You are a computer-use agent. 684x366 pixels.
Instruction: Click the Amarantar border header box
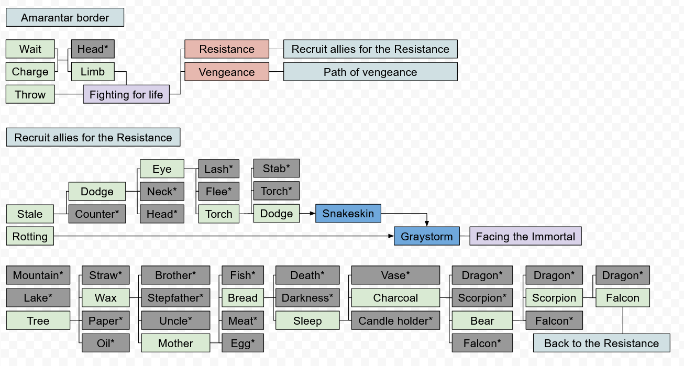point(65,18)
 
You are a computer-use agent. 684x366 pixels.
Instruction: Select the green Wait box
point(30,49)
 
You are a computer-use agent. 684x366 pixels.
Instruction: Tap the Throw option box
point(30,95)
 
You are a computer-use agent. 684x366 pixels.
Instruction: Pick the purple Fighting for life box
point(126,95)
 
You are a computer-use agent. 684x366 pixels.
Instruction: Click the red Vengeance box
point(226,72)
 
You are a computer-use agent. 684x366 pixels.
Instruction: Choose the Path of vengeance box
point(370,72)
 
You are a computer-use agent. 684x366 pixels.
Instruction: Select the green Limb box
point(92,72)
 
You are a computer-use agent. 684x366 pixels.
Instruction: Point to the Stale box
point(30,214)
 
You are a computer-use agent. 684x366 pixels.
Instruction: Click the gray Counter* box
point(97,214)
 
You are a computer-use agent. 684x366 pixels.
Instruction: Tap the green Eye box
point(162,169)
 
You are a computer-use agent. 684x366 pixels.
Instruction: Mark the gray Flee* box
point(218,192)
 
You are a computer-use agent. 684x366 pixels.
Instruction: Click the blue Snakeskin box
point(348,214)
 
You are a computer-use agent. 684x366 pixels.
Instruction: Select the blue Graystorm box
point(427,237)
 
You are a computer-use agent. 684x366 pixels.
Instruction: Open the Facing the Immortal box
point(525,237)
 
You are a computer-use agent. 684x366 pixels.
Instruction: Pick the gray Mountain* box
point(38,275)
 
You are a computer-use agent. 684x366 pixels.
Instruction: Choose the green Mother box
point(175,343)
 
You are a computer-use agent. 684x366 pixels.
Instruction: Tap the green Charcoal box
point(395,298)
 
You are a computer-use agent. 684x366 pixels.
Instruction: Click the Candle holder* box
point(395,321)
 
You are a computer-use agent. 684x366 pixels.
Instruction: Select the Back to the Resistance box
point(601,343)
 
